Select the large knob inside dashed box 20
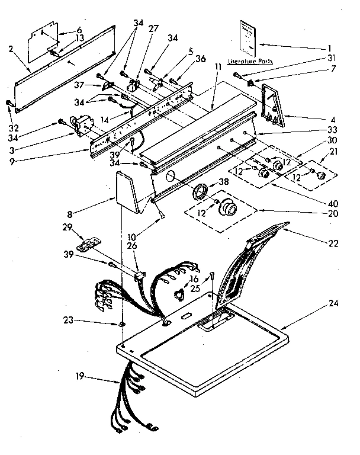tap(229, 209)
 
